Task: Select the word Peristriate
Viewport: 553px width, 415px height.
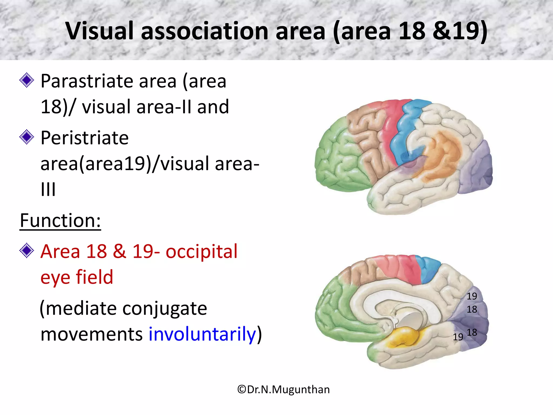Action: click(x=85, y=138)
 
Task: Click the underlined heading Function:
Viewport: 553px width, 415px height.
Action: click(x=60, y=221)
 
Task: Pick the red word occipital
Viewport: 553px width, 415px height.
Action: click(x=201, y=252)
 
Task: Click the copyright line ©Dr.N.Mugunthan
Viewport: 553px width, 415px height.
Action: click(x=284, y=390)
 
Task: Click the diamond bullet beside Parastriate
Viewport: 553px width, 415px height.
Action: click(x=27, y=80)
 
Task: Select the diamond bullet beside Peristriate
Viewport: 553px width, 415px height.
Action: click(x=27, y=137)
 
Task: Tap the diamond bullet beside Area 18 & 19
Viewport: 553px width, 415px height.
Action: click(x=27, y=251)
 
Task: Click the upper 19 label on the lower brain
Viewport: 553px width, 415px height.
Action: click(x=472, y=296)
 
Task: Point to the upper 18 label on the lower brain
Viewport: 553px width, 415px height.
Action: click(x=472, y=309)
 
